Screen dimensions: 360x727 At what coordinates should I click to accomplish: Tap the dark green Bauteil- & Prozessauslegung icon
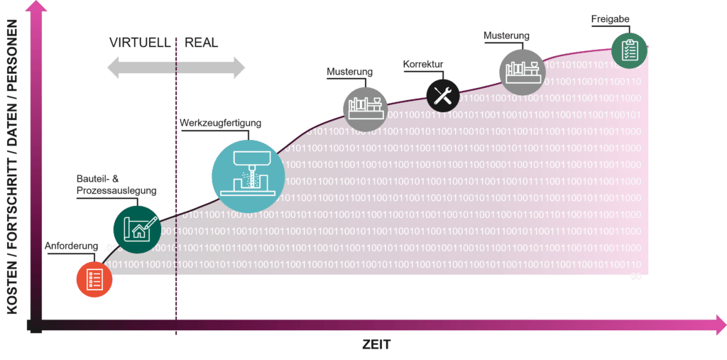click(136, 229)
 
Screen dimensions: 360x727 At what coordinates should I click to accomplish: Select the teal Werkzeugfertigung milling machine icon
click(244, 170)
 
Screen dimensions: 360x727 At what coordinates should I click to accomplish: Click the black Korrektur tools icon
click(443, 94)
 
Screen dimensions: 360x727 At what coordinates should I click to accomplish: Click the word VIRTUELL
click(140, 43)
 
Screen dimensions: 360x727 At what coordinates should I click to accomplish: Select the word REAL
click(202, 43)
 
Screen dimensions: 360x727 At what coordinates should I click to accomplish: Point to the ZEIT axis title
click(376, 344)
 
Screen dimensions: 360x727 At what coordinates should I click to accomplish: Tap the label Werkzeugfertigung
click(221, 124)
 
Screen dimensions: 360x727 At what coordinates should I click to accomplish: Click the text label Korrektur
click(423, 64)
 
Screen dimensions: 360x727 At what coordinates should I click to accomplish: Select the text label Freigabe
click(610, 19)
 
